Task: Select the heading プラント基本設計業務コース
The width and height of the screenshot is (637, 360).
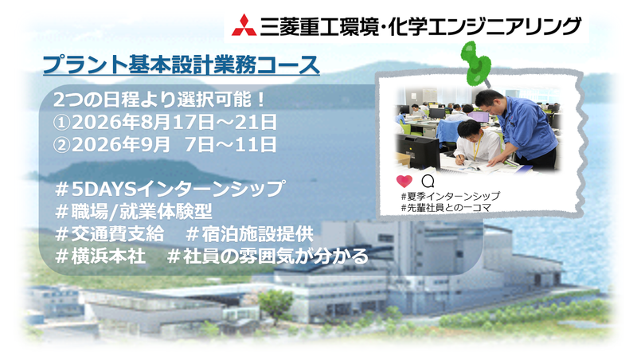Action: [182, 63]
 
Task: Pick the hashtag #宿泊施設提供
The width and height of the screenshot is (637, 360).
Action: [249, 235]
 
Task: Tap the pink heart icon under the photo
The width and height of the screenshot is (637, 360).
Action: [404, 182]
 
